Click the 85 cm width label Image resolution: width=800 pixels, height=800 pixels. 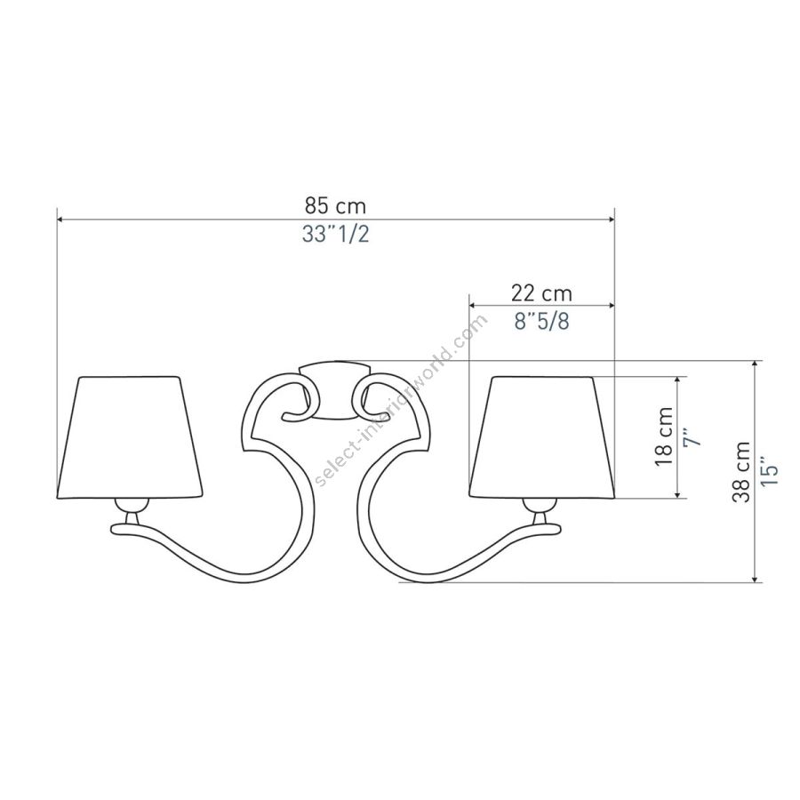pyautogui.click(x=335, y=206)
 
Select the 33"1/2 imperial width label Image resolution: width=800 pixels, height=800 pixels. pyautogui.click(x=335, y=234)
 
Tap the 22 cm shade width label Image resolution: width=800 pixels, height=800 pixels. pyautogui.click(x=542, y=293)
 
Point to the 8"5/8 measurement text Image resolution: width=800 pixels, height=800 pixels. pyautogui.click(x=542, y=322)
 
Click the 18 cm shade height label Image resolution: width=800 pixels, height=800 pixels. pyautogui.click(x=664, y=436)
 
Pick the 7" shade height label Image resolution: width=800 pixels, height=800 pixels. pyautogui.click(x=692, y=437)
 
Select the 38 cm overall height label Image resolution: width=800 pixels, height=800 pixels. pyautogui.click(x=740, y=472)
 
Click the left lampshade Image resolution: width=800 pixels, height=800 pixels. pyautogui.click(x=129, y=437)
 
